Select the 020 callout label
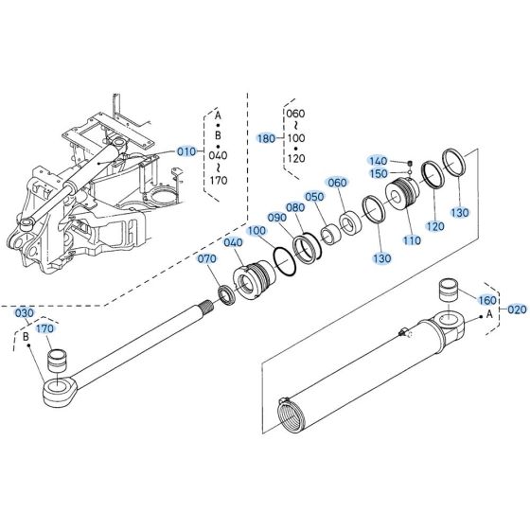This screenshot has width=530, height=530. tap(516, 309)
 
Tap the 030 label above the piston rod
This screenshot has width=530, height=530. tap(25, 313)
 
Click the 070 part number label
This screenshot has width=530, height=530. tap(206, 259)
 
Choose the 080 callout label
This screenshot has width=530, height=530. tap(295, 208)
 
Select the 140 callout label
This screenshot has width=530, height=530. tap(379, 161)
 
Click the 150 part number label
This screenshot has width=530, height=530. tap(379, 173)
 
